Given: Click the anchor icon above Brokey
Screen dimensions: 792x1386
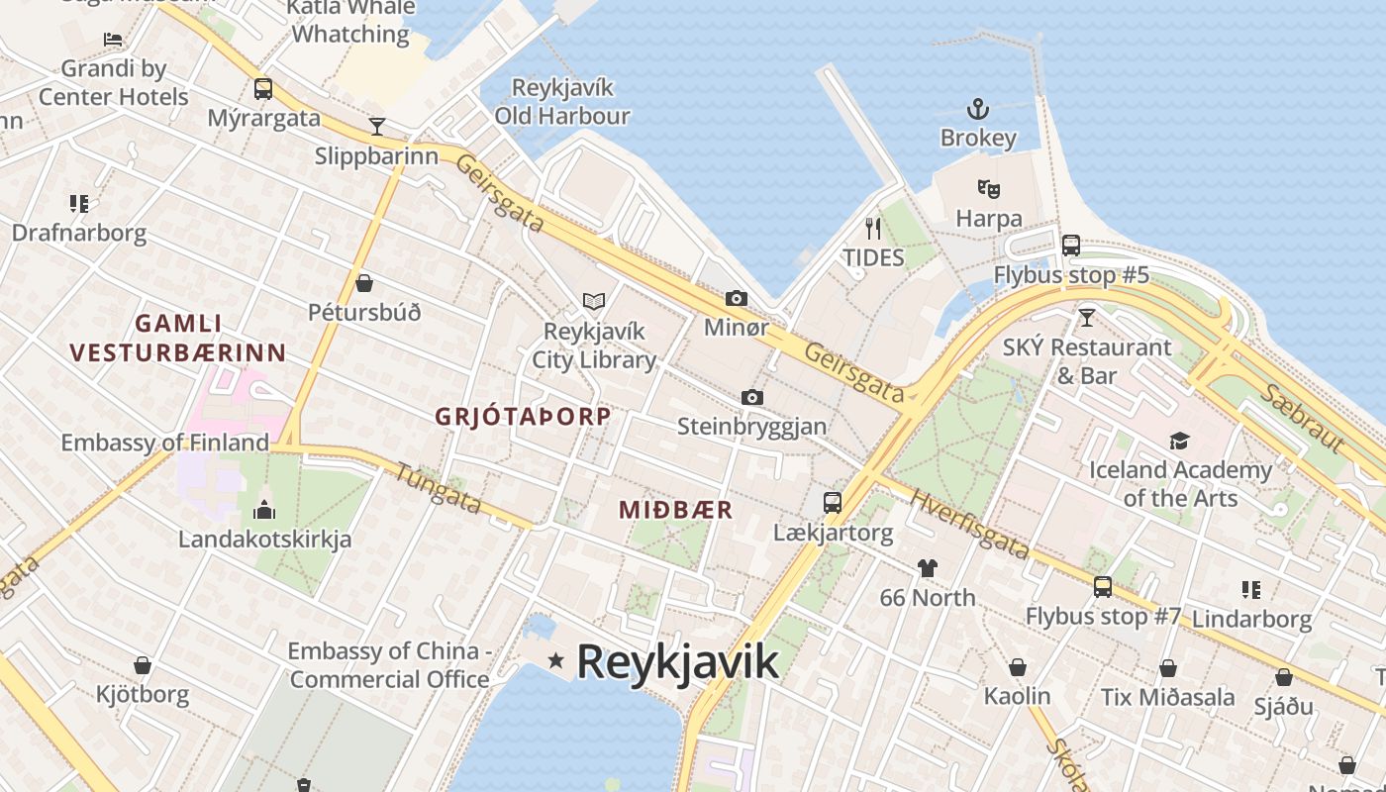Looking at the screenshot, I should pyautogui.click(x=978, y=108).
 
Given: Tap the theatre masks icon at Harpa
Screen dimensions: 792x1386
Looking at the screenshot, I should pyautogui.click(x=988, y=188).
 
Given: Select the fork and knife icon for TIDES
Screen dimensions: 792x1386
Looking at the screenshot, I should pyautogui.click(x=872, y=229).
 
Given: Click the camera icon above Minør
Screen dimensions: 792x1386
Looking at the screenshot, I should pyautogui.click(x=736, y=298).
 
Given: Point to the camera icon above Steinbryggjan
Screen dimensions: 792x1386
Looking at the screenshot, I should pyautogui.click(x=752, y=397).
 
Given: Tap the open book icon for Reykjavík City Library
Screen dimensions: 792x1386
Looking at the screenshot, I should pyautogui.click(x=594, y=301).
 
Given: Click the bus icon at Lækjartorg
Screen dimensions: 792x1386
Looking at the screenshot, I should pyautogui.click(x=833, y=503).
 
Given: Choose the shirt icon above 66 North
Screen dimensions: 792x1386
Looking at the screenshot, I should pyautogui.click(x=928, y=568).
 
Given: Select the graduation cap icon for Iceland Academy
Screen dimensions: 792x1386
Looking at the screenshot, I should pyautogui.click(x=1179, y=441).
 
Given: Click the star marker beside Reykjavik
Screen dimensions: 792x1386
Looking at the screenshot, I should pyautogui.click(x=556, y=660).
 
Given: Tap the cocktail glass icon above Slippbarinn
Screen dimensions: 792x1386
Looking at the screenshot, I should pyautogui.click(x=376, y=126).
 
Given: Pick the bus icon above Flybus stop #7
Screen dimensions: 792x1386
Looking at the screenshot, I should pyautogui.click(x=1103, y=587).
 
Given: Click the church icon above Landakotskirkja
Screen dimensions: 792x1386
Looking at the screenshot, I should pyautogui.click(x=264, y=510).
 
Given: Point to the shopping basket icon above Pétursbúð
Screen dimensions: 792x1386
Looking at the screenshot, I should pyautogui.click(x=364, y=283).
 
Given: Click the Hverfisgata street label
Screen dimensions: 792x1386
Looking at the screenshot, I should pyautogui.click(x=969, y=525).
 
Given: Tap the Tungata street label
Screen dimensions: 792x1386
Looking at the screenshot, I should pyautogui.click(x=438, y=487).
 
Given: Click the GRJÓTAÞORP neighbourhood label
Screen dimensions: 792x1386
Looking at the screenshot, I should pyautogui.click(x=523, y=417).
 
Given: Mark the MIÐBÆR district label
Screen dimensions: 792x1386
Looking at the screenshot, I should pyautogui.click(x=676, y=510).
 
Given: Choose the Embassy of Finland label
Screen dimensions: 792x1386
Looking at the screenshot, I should pyautogui.click(x=165, y=443).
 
